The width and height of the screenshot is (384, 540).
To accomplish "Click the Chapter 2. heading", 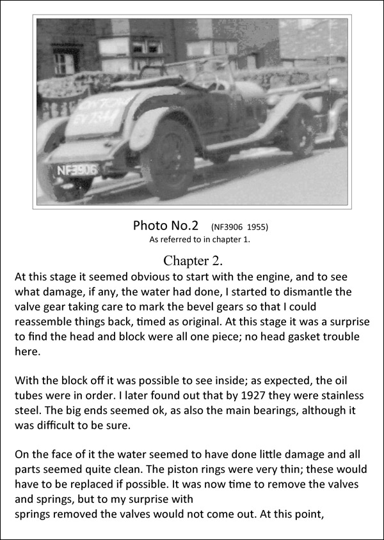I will pos(192,260).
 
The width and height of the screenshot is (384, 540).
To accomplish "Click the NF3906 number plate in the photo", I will pos(77,170).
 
